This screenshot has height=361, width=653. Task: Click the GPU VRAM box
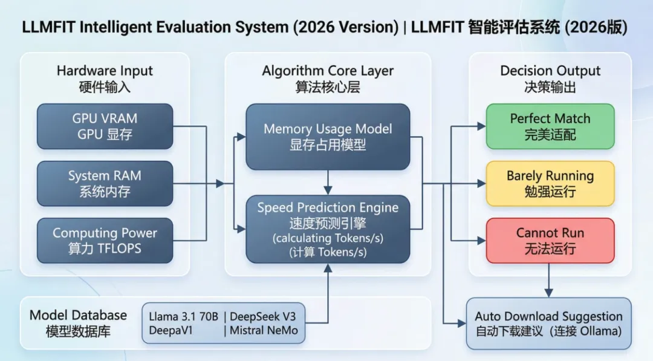click(105, 126)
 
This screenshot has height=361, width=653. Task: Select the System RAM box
click(105, 184)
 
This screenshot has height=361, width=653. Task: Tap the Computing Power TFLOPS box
click(105, 241)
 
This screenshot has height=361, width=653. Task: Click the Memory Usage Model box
click(328, 137)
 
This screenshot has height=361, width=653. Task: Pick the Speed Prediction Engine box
click(328, 229)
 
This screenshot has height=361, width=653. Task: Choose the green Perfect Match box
click(550, 126)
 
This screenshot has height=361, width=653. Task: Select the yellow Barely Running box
click(550, 184)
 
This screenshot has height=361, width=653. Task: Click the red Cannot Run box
click(550, 241)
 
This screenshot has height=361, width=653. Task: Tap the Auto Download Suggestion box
click(548, 324)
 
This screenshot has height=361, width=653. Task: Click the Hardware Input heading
click(105, 79)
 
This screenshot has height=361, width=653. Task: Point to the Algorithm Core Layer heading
click(328, 79)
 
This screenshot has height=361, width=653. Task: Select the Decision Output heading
click(550, 79)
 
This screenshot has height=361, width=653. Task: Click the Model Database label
click(78, 323)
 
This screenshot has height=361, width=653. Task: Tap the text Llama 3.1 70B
click(184, 316)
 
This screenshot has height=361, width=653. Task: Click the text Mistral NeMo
click(264, 331)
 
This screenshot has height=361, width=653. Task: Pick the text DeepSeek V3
click(263, 316)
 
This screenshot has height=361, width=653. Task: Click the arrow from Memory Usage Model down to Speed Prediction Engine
click(328, 183)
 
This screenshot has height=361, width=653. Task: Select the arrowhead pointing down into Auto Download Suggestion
click(549, 293)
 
